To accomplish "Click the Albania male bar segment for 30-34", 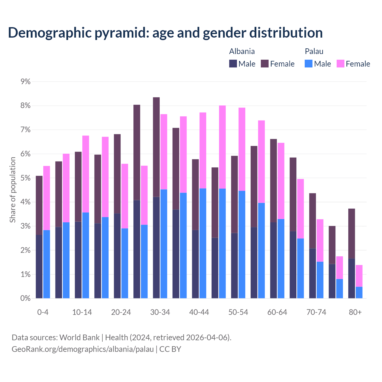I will pyautogui.click(x=156, y=247).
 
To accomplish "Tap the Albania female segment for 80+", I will pyautogui.click(x=352, y=233).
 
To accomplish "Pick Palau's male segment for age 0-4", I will pyautogui.click(x=47, y=264).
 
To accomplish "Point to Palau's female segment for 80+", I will pyautogui.click(x=359, y=276).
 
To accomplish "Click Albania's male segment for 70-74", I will pyautogui.click(x=312, y=273).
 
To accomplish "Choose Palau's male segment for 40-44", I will pyautogui.click(x=203, y=243).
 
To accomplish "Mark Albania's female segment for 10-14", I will pyautogui.click(x=78, y=187).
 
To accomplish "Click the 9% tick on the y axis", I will pyautogui.click(x=26, y=81).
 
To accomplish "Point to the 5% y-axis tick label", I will pyautogui.click(x=26, y=178).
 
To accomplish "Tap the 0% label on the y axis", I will pyautogui.click(x=26, y=298).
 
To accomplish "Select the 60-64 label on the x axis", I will pyautogui.click(x=277, y=312).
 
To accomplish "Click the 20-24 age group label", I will pyautogui.click(x=121, y=312).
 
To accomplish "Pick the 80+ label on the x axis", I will pyautogui.click(x=355, y=312).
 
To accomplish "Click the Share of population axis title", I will pyautogui.click(x=13, y=190).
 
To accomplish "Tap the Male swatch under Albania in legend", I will pyautogui.click(x=233, y=64).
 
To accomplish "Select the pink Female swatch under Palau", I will pyautogui.click(x=340, y=64).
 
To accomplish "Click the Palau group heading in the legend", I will pyautogui.click(x=314, y=51).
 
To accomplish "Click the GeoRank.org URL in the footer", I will pyautogui.click(x=83, y=349).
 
